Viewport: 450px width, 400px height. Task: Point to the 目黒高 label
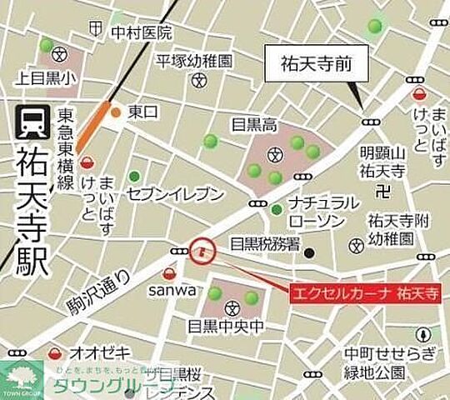click(x=254, y=126)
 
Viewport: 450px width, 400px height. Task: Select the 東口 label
click(x=142, y=112)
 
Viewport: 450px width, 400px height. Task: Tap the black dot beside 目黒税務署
click(x=308, y=253)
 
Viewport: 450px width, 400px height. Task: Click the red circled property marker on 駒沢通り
click(x=201, y=250)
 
